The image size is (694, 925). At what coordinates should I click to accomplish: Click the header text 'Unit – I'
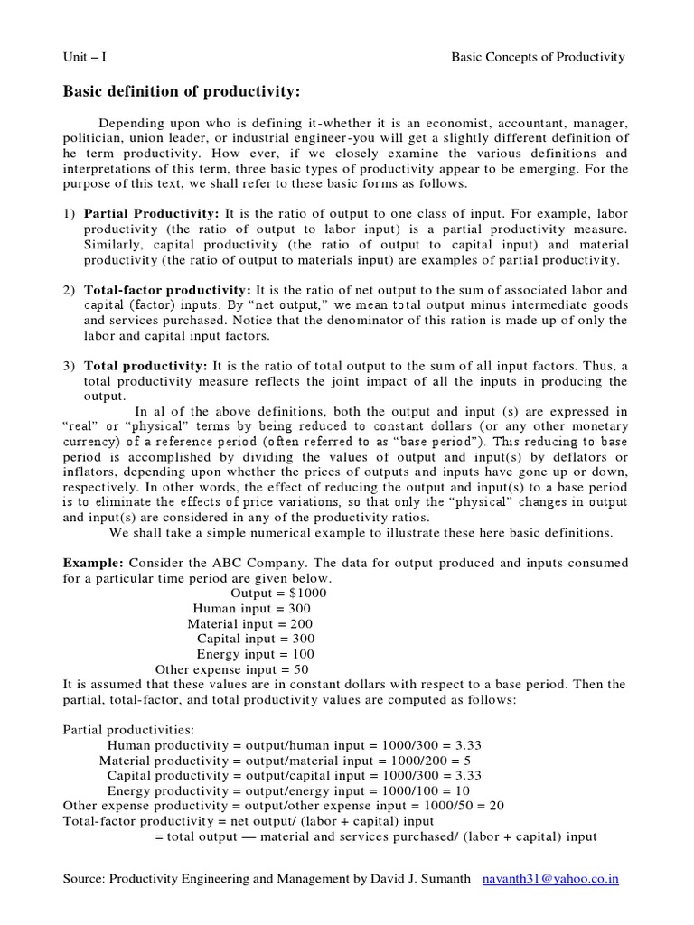(84, 57)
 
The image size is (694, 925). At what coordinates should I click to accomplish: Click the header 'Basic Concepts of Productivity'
(538, 57)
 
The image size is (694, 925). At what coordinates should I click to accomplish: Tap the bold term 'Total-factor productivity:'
(168, 290)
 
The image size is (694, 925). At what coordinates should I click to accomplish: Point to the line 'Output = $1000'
(279, 593)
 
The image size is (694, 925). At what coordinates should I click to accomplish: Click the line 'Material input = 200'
(251, 624)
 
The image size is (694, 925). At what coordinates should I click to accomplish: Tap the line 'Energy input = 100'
(256, 654)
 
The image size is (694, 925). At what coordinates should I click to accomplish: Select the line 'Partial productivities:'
(122, 730)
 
